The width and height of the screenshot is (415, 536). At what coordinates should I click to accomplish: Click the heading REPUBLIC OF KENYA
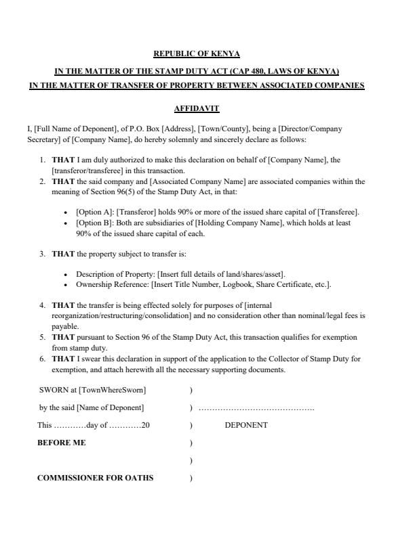(x=197, y=53)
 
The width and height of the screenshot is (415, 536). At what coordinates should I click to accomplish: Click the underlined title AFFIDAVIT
(x=197, y=108)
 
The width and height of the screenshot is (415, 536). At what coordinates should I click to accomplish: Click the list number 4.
(x=43, y=305)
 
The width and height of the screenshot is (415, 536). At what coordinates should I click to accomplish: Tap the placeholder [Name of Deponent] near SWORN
(x=110, y=407)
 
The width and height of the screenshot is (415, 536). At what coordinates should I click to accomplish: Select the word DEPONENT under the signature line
(x=246, y=425)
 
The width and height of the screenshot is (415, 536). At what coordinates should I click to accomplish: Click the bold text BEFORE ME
(x=61, y=443)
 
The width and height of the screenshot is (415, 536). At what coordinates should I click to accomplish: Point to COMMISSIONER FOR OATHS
(x=95, y=478)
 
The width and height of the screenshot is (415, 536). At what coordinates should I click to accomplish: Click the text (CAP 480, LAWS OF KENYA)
(x=289, y=71)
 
